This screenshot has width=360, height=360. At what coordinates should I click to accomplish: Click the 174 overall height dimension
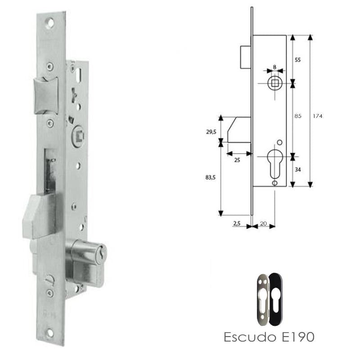click(319, 116)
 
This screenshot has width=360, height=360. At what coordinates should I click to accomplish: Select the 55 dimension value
click(297, 59)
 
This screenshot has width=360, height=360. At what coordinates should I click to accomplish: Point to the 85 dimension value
click(297, 116)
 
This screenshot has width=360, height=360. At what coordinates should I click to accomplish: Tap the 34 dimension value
click(297, 169)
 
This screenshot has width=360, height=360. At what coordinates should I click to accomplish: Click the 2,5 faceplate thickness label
click(238, 222)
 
